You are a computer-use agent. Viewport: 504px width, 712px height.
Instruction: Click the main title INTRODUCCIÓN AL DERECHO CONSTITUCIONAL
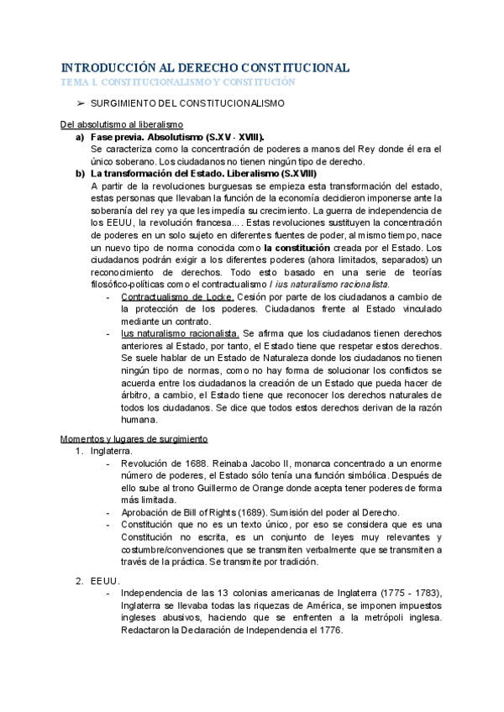click(206, 68)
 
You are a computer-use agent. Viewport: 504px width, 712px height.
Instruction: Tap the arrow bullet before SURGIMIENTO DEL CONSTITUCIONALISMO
click(80, 103)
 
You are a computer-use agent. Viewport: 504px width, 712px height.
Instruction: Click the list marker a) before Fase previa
click(78, 136)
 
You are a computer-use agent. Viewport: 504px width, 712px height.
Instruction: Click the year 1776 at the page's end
click(328, 631)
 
